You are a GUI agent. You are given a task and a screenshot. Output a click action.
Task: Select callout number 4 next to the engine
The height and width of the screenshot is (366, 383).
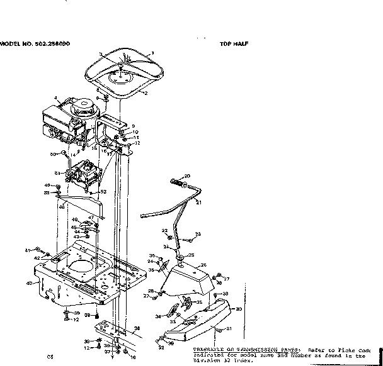click(x=55, y=97)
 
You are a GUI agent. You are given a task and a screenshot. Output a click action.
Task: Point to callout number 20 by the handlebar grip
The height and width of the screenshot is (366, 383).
click(x=186, y=175)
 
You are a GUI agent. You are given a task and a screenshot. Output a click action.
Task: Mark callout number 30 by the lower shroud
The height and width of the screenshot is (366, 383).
click(x=238, y=309)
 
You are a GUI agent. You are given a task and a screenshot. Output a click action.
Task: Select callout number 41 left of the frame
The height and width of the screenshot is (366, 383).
click(x=27, y=250)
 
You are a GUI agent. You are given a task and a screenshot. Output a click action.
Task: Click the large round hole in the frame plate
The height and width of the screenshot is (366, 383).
click(x=81, y=267)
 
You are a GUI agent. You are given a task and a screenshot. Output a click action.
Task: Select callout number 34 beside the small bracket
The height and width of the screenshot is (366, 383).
click(x=168, y=316)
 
